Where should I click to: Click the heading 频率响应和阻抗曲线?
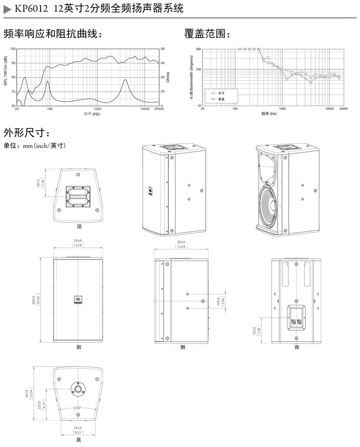pos(53,34)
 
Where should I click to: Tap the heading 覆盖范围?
pos(207,34)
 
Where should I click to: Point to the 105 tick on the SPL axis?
pos(13,49)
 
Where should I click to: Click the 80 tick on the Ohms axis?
pos(162,49)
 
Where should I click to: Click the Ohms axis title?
pos(168,77)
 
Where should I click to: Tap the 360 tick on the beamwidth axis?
pos(198,49)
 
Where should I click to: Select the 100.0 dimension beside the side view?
pos(219,301)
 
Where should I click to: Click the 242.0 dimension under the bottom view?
pos(77,428)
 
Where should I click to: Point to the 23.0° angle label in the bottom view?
pos(78,408)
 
